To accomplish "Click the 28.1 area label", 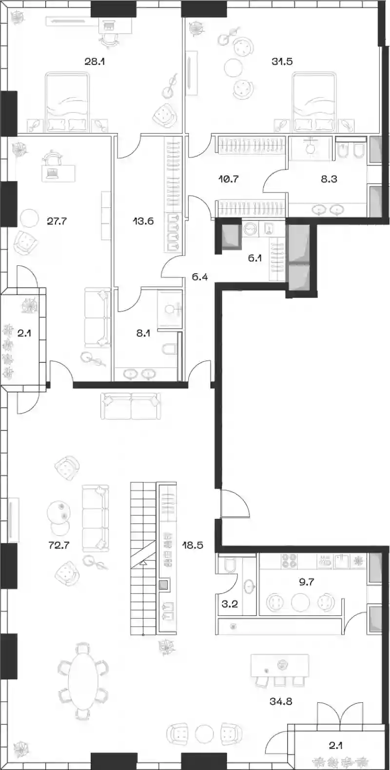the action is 95,62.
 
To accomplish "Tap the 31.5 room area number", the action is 282,62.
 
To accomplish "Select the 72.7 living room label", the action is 59,545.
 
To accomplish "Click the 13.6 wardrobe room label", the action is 143,221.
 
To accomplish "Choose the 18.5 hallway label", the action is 193,545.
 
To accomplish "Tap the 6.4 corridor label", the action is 200,276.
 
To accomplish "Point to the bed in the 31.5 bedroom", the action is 314,102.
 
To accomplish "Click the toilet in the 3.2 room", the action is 230,564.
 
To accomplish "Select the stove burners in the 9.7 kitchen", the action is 289,561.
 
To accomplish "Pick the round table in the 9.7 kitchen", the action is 300,603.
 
